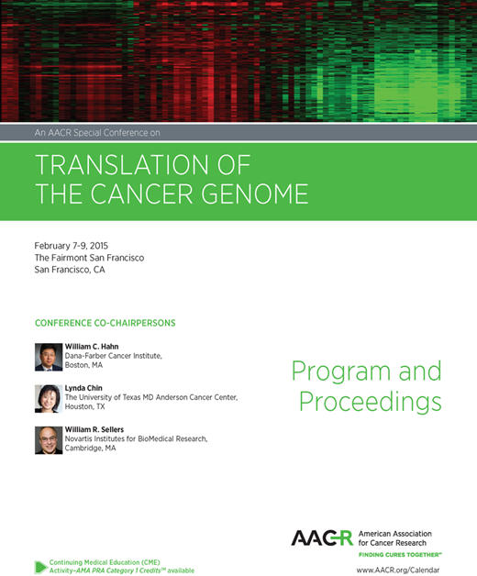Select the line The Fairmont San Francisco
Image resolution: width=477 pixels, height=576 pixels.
88,258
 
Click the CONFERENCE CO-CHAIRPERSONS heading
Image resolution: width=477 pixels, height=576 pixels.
105,324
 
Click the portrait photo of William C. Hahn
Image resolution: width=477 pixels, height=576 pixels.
48,357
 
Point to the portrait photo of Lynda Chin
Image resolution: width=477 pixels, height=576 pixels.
48,399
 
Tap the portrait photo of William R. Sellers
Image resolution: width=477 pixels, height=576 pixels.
48,441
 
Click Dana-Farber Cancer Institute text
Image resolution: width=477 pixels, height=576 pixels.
113,355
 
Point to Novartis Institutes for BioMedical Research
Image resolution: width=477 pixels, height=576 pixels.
136,438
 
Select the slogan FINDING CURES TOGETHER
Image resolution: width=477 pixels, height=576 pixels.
400,555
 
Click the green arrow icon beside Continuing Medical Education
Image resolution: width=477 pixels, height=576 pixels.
41,566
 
